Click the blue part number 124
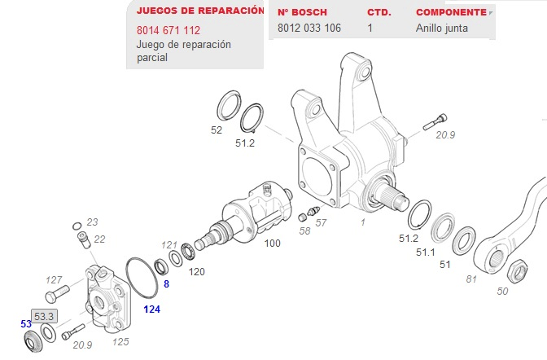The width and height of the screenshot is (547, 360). click(151, 310)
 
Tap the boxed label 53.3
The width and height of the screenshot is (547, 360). click(43, 316)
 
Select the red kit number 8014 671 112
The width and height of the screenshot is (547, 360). click(168, 30)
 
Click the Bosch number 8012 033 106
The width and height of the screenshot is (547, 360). click(309, 28)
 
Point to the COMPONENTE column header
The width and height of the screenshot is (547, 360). click(451, 13)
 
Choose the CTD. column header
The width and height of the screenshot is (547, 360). click(379, 13)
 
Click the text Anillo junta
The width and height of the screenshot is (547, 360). click(442, 28)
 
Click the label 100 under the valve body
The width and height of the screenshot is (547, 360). click(272, 244)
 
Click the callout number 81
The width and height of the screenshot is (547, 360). click(470, 280)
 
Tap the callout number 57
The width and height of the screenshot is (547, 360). click(321, 222)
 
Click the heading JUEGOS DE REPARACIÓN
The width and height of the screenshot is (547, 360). click(199, 11)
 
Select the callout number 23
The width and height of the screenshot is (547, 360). click(92, 222)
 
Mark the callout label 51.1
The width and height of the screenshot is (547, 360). click(426, 252)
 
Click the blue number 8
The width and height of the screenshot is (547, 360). click(166, 284)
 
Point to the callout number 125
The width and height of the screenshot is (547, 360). click(121, 341)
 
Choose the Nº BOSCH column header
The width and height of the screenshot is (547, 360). click(303, 13)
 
